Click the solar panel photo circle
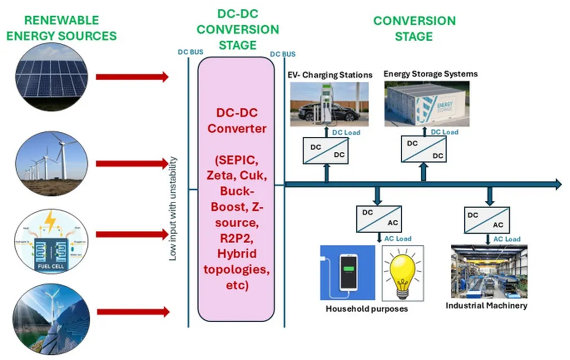[51, 76]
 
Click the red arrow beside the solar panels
[132, 77]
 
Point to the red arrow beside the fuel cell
[132, 234]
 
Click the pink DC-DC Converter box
[236, 189]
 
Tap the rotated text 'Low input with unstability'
[173, 209]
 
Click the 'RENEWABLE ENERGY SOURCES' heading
[62, 28]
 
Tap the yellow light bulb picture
[402, 273]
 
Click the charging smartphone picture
[347, 273]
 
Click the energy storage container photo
[426, 103]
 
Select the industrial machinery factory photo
[488, 272]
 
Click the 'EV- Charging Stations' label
[330, 75]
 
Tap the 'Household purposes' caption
[367, 308]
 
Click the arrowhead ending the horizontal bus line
[557, 185]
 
